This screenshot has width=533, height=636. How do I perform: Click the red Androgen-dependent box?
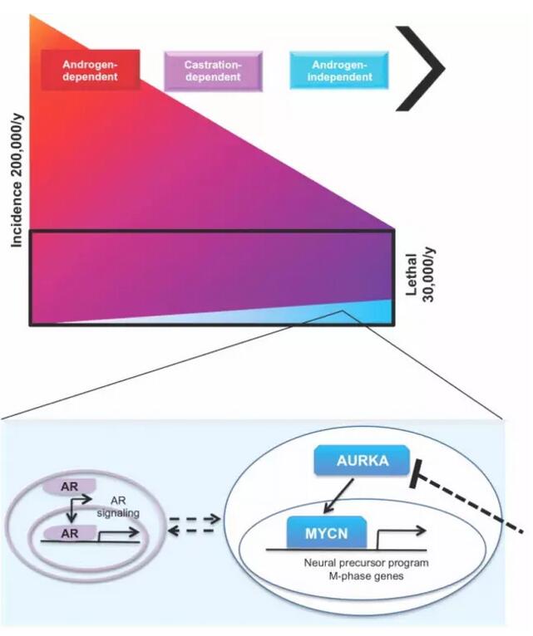[x=90, y=71]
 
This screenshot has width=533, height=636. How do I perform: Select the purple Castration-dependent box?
[x=213, y=71]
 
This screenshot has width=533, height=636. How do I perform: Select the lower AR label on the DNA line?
[x=71, y=535]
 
